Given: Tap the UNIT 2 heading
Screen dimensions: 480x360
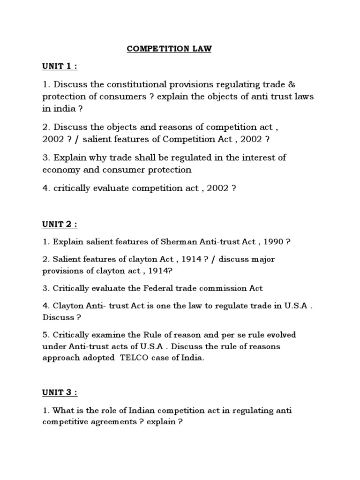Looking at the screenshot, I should pyautogui.click(x=60, y=225).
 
